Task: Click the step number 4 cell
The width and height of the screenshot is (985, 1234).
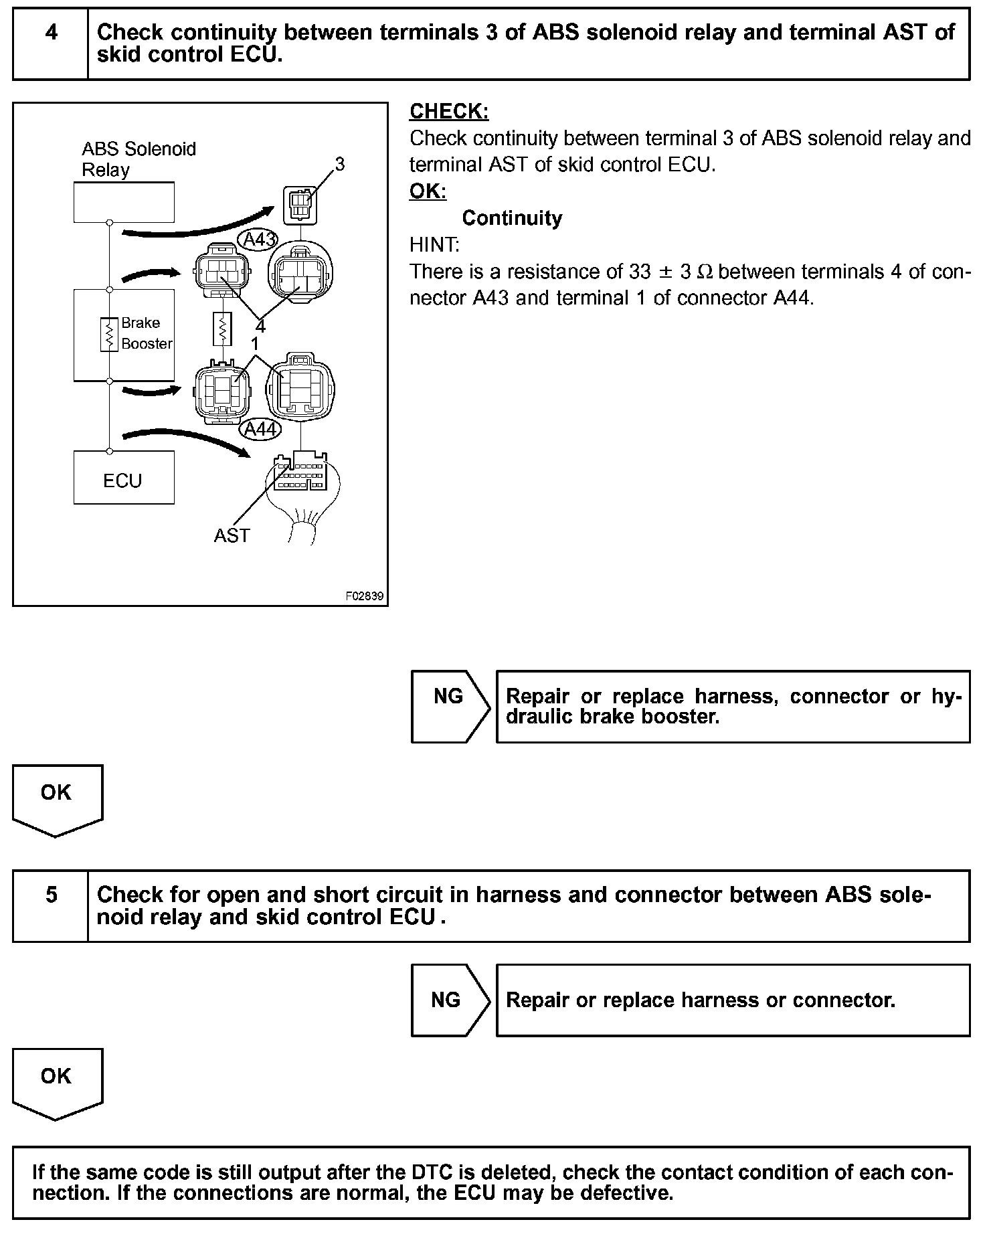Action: click(x=51, y=43)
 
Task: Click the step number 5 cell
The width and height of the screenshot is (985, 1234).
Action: click(x=51, y=905)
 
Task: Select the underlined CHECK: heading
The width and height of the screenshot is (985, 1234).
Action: click(x=449, y=112)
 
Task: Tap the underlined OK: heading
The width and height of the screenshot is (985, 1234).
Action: click(x=428, y=191)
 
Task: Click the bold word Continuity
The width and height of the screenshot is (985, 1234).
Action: click(x=512, y=218)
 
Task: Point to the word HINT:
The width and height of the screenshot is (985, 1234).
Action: click(x=434, y=245)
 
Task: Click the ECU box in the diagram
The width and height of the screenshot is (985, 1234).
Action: click(x=124, y=478)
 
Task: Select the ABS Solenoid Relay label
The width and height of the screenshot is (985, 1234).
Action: click(x=138, y=159)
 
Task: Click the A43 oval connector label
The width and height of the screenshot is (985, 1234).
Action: click(x=258, y=240)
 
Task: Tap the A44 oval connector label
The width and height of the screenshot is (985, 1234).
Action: click(x=260, y=429)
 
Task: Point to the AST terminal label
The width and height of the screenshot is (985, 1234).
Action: click(x=232, y=535)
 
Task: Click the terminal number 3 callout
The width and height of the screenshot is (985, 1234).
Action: click(x=340, y=164)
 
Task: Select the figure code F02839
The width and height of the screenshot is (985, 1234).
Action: click(x=365, y=596)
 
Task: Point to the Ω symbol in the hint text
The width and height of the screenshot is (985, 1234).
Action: click(x=705, y=272)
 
